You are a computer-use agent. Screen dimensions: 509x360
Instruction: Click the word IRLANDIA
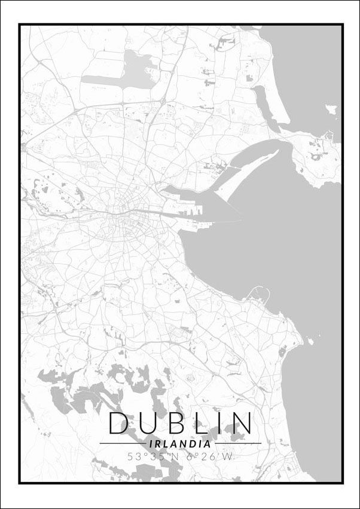tap(180, 444)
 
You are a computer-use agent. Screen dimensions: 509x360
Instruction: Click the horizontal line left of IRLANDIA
tap(121, 443)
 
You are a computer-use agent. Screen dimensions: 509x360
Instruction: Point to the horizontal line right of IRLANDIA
tap(238, 443)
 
